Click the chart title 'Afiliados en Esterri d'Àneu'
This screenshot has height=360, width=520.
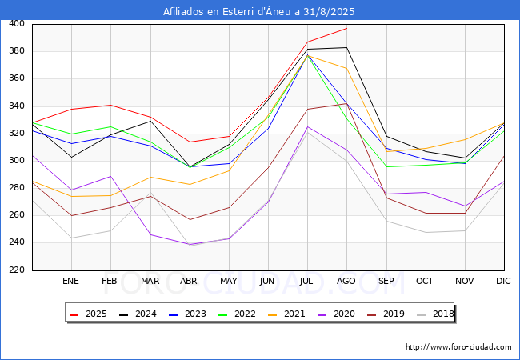coord(259,11)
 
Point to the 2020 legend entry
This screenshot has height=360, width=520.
coord(338,314)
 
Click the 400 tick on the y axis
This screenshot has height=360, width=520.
coord(16,24)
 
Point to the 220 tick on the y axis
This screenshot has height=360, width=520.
coord(16,270)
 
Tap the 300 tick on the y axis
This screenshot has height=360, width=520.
coord(16,161)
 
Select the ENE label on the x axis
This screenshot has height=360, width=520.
coord(71,281)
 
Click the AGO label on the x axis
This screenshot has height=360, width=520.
coord(346,281)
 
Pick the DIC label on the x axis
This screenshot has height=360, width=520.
coord(503,281)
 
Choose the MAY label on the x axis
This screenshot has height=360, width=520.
coord(229,281)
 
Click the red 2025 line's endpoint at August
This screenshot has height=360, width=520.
coord(346,29)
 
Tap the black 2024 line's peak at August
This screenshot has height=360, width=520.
coord(346,48)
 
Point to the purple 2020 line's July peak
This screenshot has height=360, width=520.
coord(307,126)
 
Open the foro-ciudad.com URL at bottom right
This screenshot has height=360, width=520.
coord(458,347)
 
